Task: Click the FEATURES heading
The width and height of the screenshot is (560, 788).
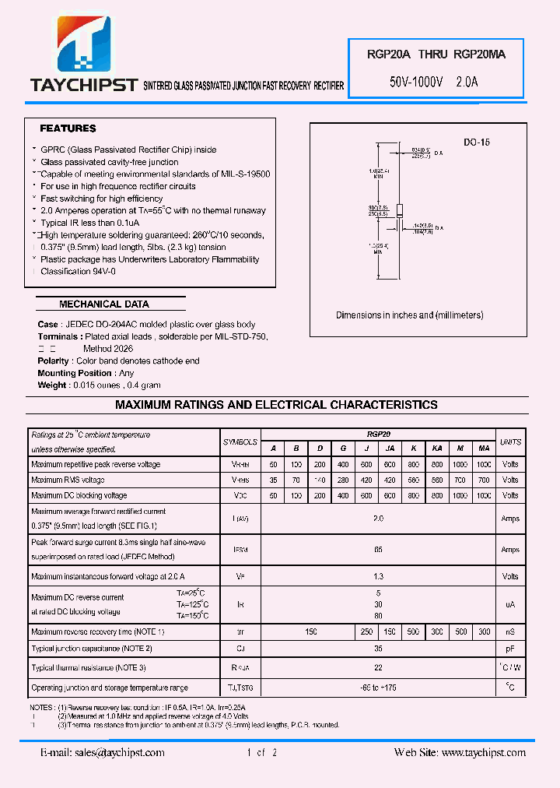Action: (68, 128)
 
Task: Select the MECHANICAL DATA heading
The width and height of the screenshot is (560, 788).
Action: (104, 304)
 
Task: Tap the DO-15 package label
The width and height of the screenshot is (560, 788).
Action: (476, 142)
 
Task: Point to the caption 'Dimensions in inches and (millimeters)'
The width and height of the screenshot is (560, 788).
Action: (409, 315)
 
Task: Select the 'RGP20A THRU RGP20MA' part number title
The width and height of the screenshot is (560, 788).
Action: (436, 55)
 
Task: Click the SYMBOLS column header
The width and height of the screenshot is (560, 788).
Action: (240, 441)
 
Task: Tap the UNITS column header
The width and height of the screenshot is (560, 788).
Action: (510, 441)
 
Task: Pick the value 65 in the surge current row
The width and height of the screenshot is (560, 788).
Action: (378, 550)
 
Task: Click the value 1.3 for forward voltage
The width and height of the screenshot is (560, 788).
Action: (378, 577)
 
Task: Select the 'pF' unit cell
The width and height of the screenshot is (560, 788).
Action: (510, 647)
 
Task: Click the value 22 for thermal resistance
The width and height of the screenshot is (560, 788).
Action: (378, 667)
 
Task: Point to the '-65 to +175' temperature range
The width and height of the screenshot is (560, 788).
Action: (378, 688)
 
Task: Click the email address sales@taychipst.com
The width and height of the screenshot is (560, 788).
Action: (103, 752)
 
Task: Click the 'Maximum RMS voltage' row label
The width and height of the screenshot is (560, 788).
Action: (68, 480)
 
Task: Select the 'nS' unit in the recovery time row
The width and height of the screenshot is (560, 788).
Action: (510, 631)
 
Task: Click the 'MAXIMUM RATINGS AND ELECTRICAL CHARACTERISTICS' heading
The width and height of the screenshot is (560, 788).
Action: (276, 405)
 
